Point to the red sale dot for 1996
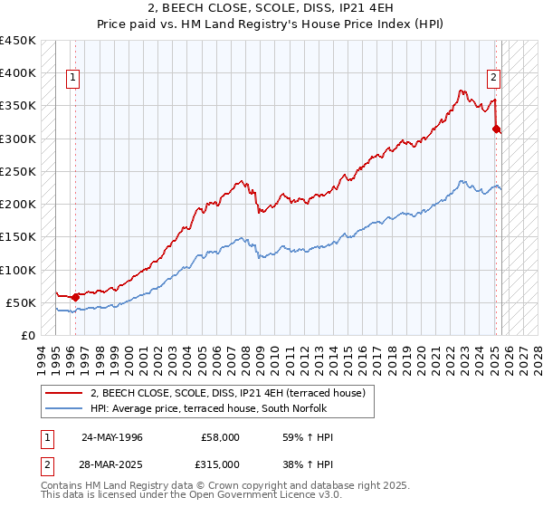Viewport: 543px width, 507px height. (x=76, y=297)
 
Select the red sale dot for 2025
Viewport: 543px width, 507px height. (x=496, y=129)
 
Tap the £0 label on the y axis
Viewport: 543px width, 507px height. (x=29, y=335)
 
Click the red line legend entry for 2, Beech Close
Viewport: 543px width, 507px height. (x=227, y=393)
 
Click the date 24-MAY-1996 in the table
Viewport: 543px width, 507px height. (x=112, y=437)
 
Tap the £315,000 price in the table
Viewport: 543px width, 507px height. (x=221, y=464)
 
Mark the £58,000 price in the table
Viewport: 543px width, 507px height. (x=221, y=437)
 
